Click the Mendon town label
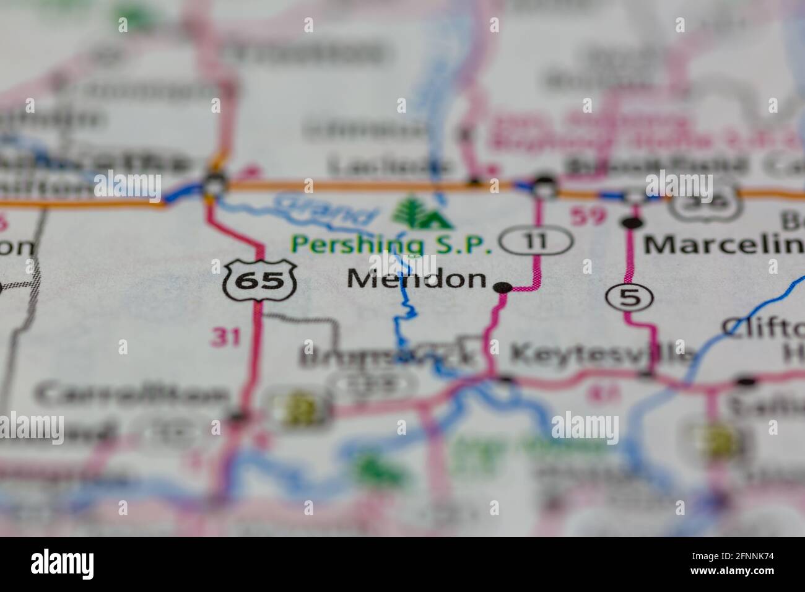[417, 279]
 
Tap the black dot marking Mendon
[503, 287]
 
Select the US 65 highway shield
[260, 281]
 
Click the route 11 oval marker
[536, 240]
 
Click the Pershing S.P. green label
[391, 245]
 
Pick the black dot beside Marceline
[631, 222]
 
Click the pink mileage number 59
[585, 217]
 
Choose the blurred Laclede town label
[389, 166]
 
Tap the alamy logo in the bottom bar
[63, 564]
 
